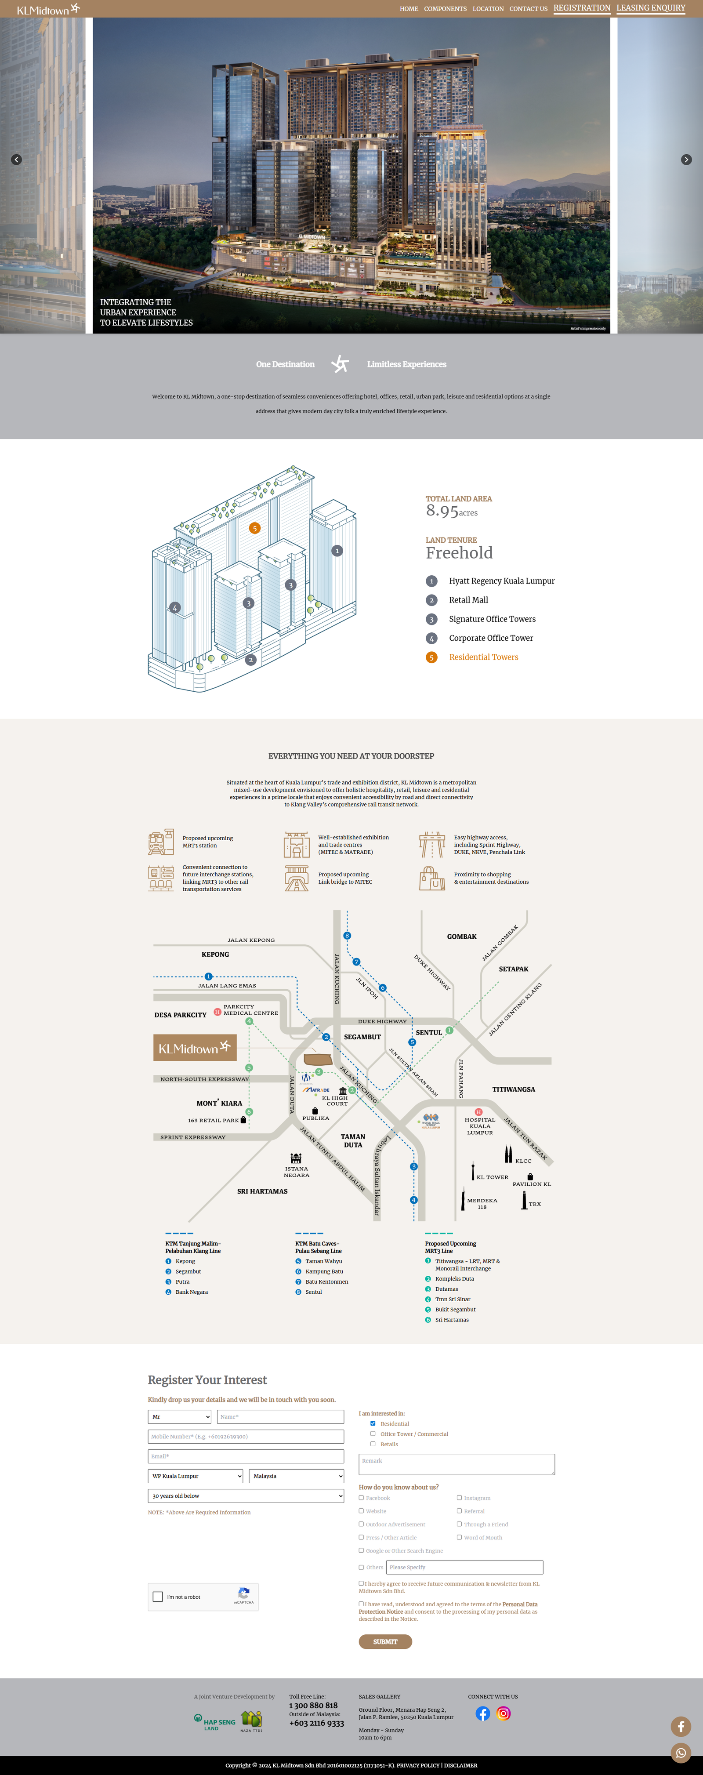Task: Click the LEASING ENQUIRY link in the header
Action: (651, 8)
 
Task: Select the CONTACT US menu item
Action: (528, 9)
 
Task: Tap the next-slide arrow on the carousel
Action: (686, 160)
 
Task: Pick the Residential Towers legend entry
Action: (483, 657)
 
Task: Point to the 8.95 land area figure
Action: (442, 511)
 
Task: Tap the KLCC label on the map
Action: (523, 1161)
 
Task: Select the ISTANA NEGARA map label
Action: (297, 1171)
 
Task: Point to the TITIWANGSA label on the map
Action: (514, 1089)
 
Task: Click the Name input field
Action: (280, 1417)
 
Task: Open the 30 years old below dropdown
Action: (245, 1496)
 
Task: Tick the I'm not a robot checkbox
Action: (158, 1597)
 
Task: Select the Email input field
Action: (245, 1456)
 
